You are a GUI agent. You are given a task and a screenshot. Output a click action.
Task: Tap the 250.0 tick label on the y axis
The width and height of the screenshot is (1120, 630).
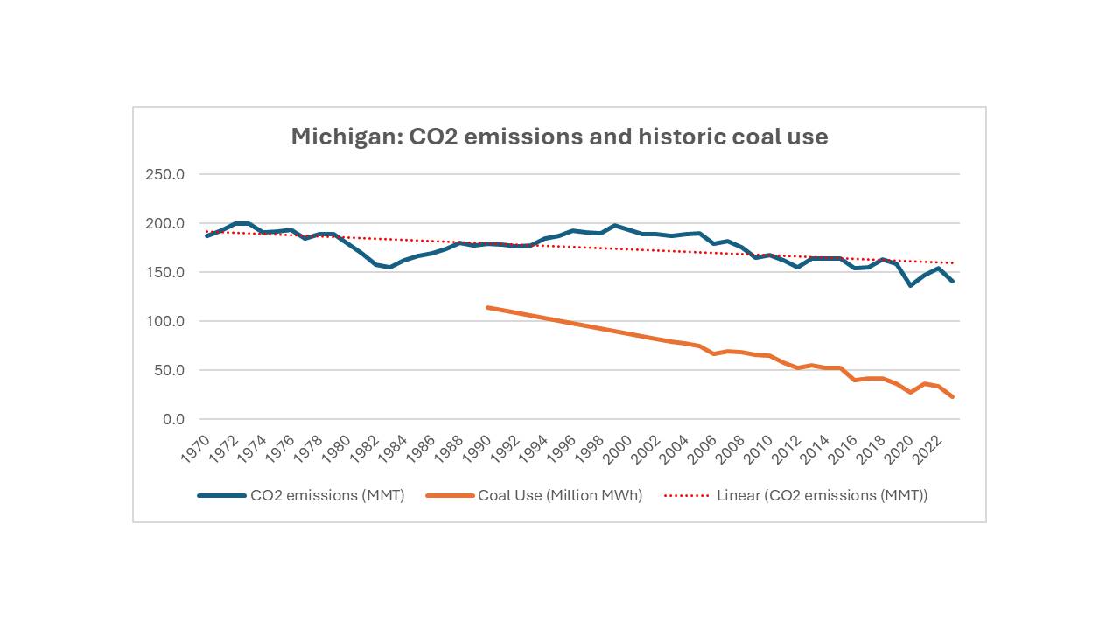[164, 174]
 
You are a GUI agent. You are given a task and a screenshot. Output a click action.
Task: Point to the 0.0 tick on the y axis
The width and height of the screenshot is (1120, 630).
[172, 419]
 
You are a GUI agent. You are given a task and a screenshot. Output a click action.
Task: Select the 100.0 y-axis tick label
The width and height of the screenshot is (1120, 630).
[164, 321]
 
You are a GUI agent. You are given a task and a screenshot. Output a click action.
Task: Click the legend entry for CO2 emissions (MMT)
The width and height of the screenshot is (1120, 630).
[327, 495]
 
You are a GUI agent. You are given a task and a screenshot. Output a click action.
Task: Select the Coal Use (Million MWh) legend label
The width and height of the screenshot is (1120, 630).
[560, 495]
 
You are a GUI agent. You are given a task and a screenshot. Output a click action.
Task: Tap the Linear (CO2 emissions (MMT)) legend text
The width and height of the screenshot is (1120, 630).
[822, 495]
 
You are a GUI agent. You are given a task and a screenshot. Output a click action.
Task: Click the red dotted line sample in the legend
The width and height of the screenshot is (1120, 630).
[687, 495]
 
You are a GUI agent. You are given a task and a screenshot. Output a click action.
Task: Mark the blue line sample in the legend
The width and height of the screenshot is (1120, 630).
[221, 495]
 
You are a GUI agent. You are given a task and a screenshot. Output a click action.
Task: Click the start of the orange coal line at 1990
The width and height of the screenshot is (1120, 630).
[488, 307]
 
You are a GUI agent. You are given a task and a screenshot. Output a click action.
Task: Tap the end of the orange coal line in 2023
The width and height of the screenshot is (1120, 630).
[952, 397]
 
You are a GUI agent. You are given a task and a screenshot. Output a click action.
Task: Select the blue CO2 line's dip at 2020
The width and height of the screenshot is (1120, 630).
[910, 285]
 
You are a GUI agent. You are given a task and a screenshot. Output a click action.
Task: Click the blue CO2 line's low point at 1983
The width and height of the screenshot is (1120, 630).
[389, 267]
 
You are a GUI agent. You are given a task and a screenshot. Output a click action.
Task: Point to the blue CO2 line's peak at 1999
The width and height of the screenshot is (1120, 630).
[615, 225]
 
